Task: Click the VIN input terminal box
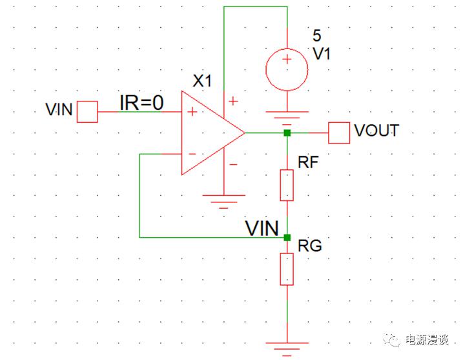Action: (87, 112)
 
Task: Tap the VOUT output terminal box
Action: (338, 133)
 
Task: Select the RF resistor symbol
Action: (287, 185)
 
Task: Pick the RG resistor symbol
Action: (287, 269)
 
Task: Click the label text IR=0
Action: (141, 102)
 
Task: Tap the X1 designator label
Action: (203, 81)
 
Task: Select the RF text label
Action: (308, 162)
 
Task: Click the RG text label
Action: (309, 246)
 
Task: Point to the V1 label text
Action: (322, 55)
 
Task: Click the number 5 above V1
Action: (316, 36)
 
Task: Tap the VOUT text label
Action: (376, 131)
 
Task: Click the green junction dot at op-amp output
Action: (287, 133)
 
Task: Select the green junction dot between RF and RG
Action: (287, 237)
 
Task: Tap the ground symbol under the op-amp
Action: (223, 200)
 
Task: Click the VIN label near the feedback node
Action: (262, 228)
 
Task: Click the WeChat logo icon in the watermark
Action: (391, 341)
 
